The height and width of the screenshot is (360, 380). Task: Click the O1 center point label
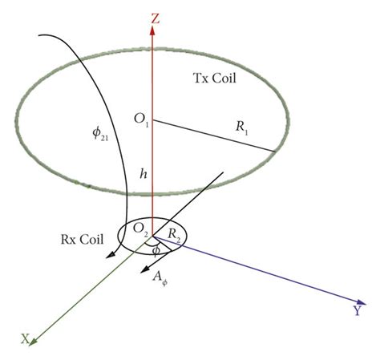139,120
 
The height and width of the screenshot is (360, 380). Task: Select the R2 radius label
174,233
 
